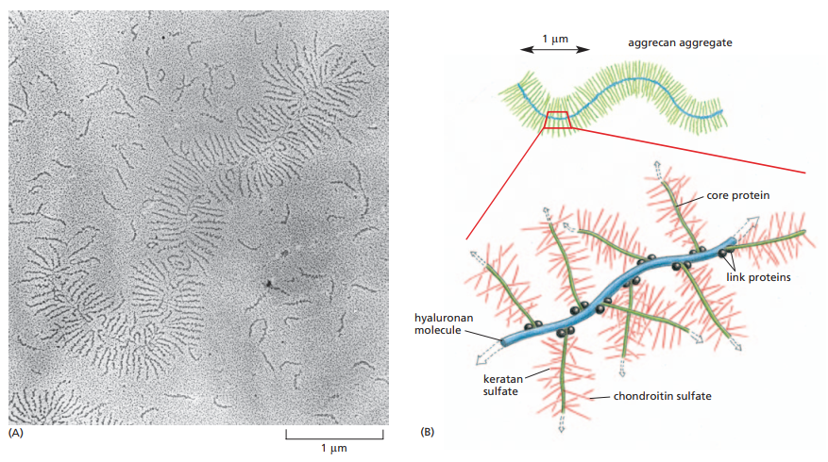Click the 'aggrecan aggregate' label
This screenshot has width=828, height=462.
(680, 43)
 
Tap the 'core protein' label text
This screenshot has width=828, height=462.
(738, 196)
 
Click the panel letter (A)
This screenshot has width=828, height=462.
(15, 433)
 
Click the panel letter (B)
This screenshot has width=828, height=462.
(427, 433)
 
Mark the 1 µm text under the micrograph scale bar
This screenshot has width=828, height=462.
(333, 447)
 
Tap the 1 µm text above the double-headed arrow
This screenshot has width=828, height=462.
(554, 39)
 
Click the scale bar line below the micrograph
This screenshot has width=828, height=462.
(334, 436)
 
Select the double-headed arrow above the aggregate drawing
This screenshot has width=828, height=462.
(554, 50)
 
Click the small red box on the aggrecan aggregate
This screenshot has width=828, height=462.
(557, 119)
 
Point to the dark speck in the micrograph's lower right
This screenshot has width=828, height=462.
(270, 282)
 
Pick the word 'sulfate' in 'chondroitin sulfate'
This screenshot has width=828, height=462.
(693, 396)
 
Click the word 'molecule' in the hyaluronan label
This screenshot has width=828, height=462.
(437, 330)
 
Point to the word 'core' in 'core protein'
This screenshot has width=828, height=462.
(718, 196)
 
